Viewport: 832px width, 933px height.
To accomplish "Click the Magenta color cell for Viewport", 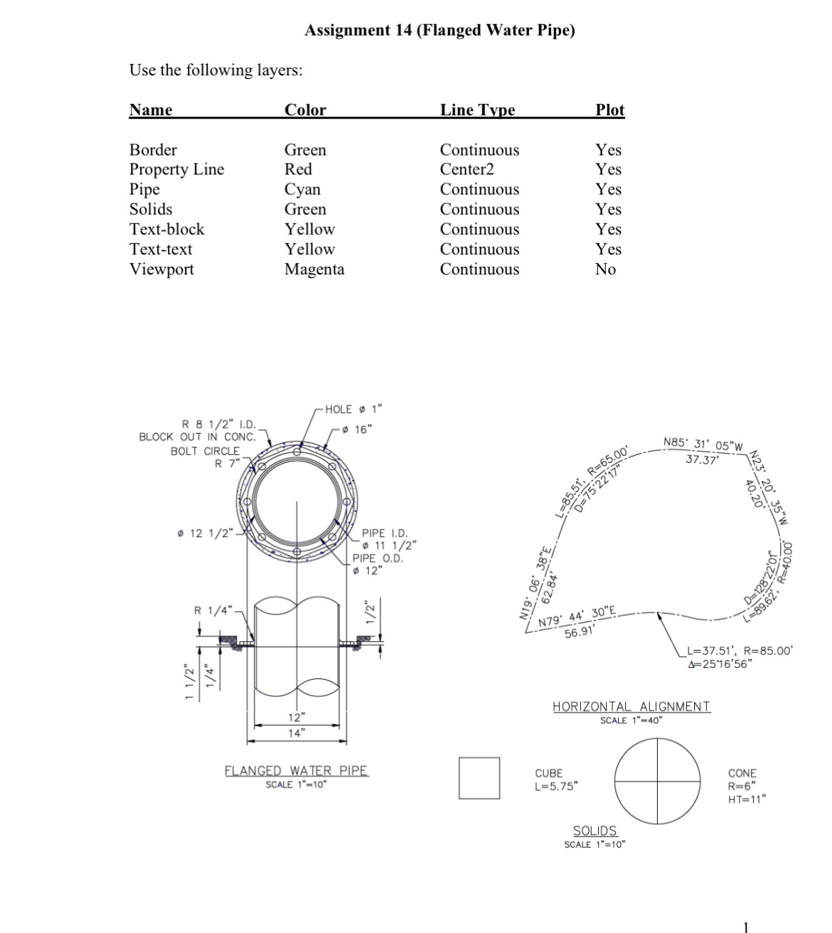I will tap(314, 270).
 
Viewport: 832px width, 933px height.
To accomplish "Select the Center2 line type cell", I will tap(466, 169).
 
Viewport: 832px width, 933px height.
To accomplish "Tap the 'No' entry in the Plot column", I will tap(605, 270).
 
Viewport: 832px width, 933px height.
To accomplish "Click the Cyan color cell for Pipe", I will tap(302, 189).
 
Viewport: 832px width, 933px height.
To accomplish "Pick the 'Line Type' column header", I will tap(477, 110).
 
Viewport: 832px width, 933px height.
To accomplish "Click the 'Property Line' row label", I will tap(176, 169).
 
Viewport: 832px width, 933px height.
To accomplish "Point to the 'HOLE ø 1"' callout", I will tap(353, 409).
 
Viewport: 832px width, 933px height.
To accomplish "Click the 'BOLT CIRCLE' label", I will tap(205, 451).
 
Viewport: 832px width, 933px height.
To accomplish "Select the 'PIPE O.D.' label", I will tap(378, 558).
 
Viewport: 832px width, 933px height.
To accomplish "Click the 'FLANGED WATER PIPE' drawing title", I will tap(297, 771).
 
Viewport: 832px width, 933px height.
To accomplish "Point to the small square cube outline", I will tap(479, 778).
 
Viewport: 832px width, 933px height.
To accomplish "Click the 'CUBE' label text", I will tap(548, 773).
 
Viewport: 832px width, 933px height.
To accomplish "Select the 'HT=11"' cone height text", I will tap(746, 799).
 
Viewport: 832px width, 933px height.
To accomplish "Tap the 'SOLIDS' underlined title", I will tap(594, 831).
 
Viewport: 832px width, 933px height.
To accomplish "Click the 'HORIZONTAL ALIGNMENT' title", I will tap(631, 706).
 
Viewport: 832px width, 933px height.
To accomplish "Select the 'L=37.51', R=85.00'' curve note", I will tap(739, 651).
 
